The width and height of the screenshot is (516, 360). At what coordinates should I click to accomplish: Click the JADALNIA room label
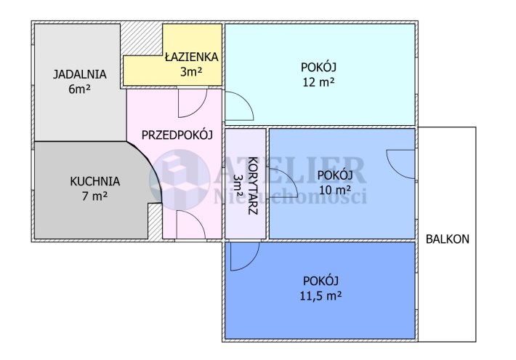(x=80, y=74)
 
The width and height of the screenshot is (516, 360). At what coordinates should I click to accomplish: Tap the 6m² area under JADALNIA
(x=80, y=89)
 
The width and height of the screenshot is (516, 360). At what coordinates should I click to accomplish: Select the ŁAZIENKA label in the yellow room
(x=191, y=57)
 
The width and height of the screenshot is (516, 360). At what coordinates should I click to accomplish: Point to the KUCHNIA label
(x=94, y=181)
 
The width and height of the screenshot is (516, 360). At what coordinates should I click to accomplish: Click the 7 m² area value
(x=94, y=196)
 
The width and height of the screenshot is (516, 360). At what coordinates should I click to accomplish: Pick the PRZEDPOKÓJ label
(x=177, y=135)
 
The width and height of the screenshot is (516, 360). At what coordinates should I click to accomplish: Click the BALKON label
(x=448, y=239)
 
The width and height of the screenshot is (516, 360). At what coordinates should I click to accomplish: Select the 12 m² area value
(x=318, y=81)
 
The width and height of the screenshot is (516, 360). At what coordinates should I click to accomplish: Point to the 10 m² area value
(x=335, y=190)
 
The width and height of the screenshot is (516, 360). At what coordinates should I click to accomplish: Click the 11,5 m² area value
(x=321, y=296)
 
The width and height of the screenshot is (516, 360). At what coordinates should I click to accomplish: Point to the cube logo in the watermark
(x=180, y=180)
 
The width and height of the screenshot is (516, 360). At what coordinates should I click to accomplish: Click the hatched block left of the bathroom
(x=142, y=39)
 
